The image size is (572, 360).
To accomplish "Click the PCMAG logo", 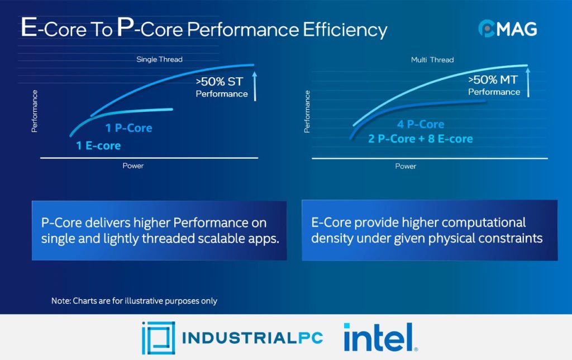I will (507, 28).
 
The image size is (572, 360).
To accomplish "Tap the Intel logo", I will (379, 337).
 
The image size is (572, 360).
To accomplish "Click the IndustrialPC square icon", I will (158, 338).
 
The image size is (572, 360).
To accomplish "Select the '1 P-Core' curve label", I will (128, 128).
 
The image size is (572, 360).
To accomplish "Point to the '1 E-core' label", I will (98, 146).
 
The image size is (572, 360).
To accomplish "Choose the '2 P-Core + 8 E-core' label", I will (420, 139).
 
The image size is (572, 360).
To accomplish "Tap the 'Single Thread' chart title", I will (159, 59).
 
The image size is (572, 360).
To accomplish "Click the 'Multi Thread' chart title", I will (432, 59).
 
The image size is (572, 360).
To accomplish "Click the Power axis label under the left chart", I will (133, 165).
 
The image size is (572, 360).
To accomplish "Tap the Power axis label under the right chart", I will (406, 166).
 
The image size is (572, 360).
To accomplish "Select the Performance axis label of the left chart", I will (35, 111).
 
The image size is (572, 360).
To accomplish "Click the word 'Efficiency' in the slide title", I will (345, 29).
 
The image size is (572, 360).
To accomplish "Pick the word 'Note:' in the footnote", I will (60, 301).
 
